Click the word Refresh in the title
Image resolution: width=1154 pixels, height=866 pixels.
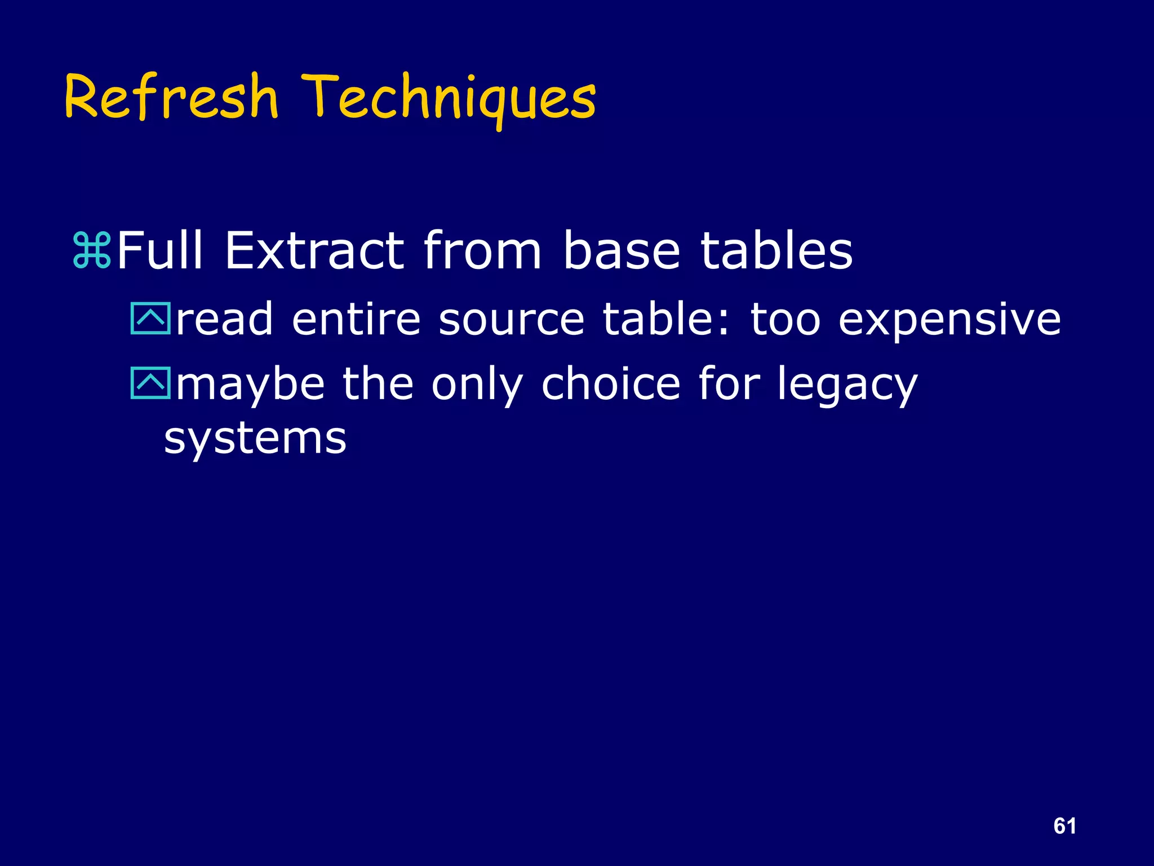pyautogui.click(x=172, y=97)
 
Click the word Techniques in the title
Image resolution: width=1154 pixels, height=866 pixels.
pyautogui.click(x=448, y=99)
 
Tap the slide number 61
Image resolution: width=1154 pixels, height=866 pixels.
pyautogui.click(x=1064, y=826)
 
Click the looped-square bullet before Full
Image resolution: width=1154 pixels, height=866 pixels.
pyautogui.click(x=92, y=251)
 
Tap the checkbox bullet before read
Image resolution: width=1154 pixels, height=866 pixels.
pyautogui.click(x=150, y=319)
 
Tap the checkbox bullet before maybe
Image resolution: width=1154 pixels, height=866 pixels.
pyautogui.click(x=150, y=383)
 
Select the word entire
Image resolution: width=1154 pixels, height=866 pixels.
pyautogui.click(x=356, y=319)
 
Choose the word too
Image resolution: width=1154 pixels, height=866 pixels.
pyautogui.click(x=785, y=319)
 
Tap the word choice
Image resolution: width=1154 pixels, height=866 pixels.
pyautogui.click(x=611, y=383)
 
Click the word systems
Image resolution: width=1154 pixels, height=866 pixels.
pyautogui.click(x=255, y=439)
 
